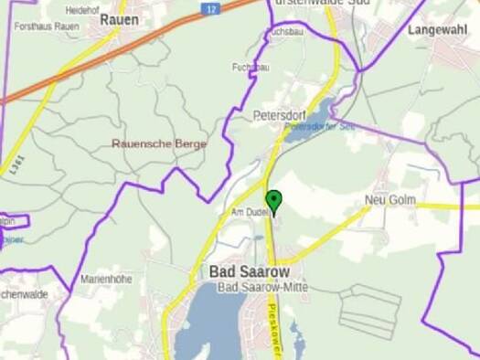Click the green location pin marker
[x=272, y=199]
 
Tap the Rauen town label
[x=119, y=17]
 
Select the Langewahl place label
[x=437, y=30]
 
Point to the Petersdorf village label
[x=278, y=116]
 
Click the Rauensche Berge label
[x=159, y=143]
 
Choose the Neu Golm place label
[x=389, y=199]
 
